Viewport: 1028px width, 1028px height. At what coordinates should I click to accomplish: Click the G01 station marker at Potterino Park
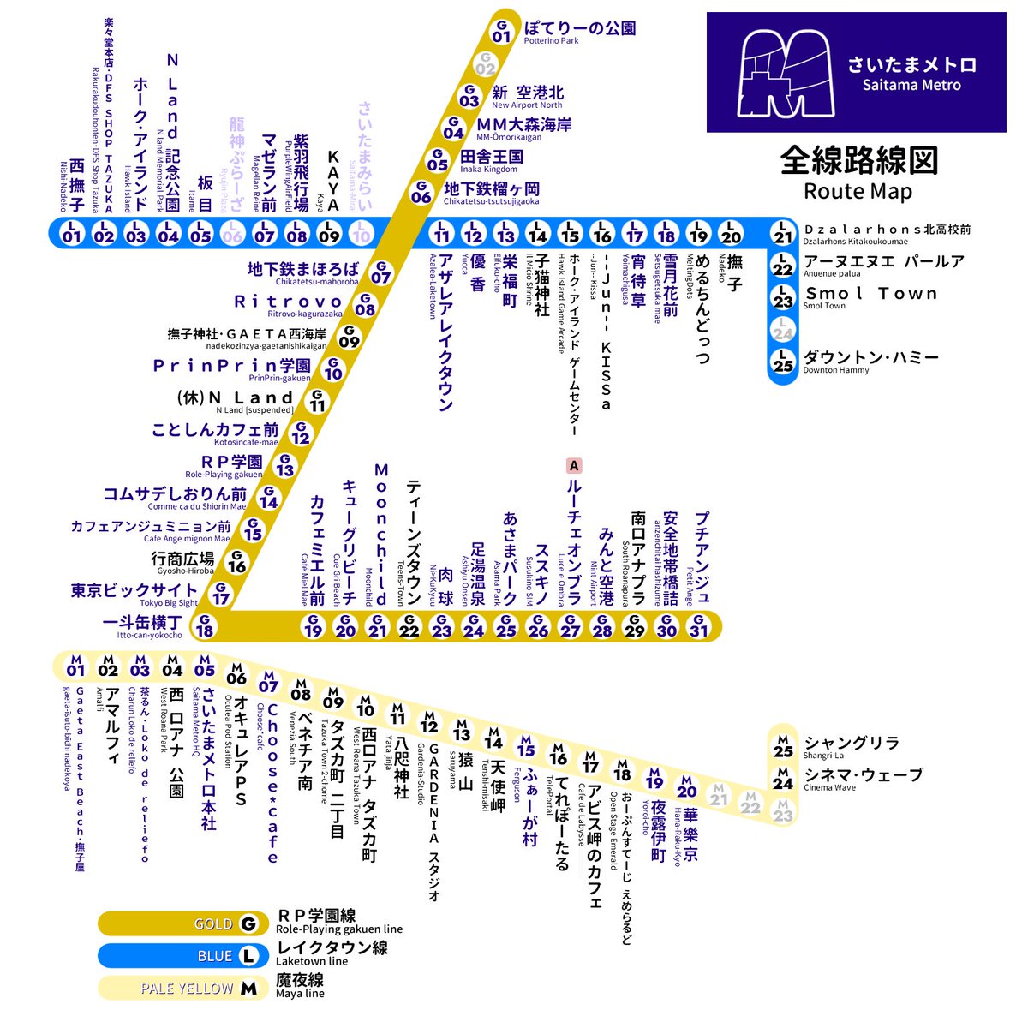coord(502,31)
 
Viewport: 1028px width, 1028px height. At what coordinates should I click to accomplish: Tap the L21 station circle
coord(782,233)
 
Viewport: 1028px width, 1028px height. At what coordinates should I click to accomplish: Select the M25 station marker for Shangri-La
coord(783,746)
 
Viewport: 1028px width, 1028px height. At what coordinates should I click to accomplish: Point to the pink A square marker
coord(573,466)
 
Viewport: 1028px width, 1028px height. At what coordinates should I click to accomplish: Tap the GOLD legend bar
coord(179,924)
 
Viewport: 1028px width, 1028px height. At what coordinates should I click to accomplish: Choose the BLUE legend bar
coord(179,956)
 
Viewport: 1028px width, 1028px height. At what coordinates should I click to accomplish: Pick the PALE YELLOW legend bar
coord(179,988)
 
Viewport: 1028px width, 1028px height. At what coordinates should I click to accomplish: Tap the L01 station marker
coord(72,233)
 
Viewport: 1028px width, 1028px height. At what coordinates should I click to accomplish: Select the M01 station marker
coord(75,666)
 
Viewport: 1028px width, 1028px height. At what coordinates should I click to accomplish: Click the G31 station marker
coord(699,626)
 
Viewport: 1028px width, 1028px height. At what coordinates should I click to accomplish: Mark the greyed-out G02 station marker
coord(486,64)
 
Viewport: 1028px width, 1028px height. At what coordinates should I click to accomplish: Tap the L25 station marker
coord(782,362)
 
